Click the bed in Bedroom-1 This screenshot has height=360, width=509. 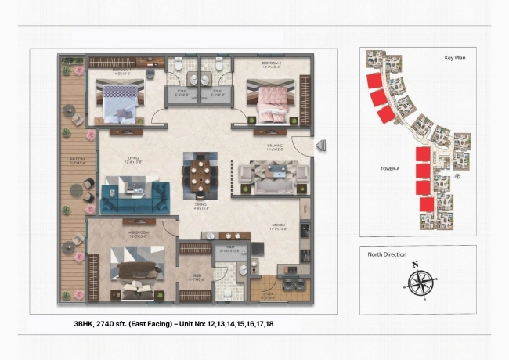(119, 99)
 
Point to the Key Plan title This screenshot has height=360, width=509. (455, 58)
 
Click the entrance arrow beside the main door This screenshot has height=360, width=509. (320, 146)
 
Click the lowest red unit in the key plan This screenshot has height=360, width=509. (427, 204)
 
